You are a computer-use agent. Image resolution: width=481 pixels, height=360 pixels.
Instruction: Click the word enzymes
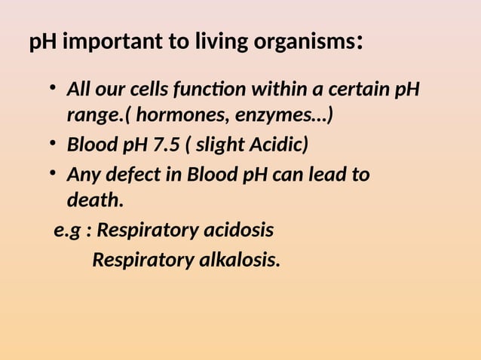point(283,117)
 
